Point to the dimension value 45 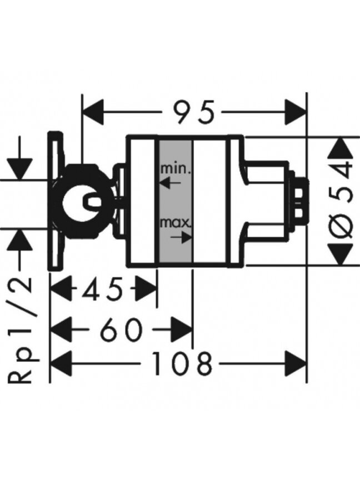(102, 289)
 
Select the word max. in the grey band (176, 223)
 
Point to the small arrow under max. (181, 237)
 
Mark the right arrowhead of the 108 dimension (296, 364)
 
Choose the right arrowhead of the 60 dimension (182, 329)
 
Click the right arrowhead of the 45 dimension (147, 289)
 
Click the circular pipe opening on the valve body (80, 202)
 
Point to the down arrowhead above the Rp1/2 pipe (20, 169)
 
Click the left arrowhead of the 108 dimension (61, 364)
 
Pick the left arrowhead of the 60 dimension (61, 329)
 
